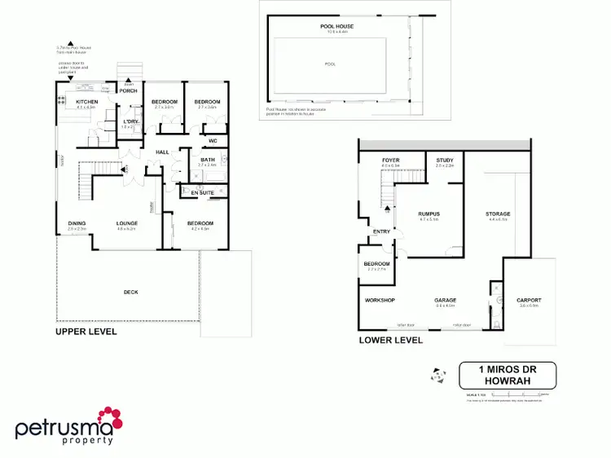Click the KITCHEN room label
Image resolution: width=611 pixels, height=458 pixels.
point(86,102)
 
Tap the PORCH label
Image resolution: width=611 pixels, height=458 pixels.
point(129,90)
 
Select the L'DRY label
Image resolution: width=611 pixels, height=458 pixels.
point(129,121)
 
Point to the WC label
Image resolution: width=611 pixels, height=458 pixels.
point(213,141)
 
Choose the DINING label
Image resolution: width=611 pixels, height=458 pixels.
point(77,223)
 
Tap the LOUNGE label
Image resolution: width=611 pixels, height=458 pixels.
point(126,223)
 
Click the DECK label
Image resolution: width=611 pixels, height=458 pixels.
point(130,293)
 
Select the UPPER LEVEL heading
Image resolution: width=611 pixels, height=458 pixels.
point(86,332)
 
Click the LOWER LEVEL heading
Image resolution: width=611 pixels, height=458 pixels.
point(391,340)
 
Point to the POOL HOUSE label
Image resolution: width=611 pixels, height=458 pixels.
point(336,27)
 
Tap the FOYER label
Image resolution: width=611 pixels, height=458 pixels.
point(391,161)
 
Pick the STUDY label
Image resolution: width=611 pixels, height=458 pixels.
point(445,161)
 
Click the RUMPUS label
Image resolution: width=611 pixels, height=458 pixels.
point(429,214)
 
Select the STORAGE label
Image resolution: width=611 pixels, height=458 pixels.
point(498,214)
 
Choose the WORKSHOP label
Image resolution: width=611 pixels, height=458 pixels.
point(380,301)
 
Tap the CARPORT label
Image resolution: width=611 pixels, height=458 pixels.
point(529,301)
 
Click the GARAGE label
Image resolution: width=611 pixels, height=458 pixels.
point(445,301)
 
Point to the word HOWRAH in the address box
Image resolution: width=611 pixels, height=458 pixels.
point(507,381)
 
